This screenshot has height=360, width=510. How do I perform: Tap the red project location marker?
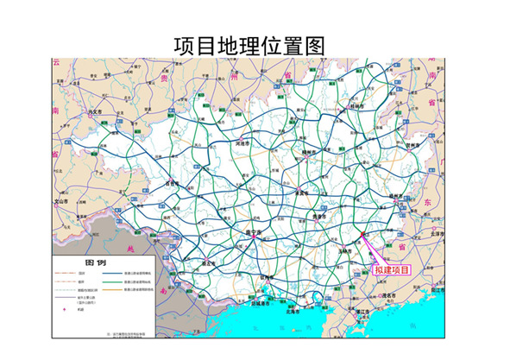click(x=362, y=233)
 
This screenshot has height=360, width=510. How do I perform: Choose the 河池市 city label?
click(x=244, y=142)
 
